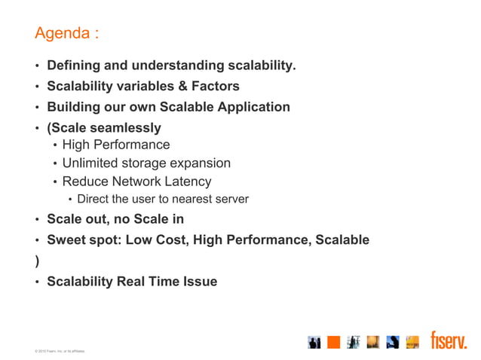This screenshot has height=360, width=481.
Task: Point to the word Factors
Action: coord(214,87)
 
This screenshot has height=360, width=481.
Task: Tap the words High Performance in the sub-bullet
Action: coord(116,145)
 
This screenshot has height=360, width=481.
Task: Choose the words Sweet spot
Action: coord(83,240)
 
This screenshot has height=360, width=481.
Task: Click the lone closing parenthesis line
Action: coord(36,261)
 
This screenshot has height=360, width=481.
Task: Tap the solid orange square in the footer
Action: coord(334,343)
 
